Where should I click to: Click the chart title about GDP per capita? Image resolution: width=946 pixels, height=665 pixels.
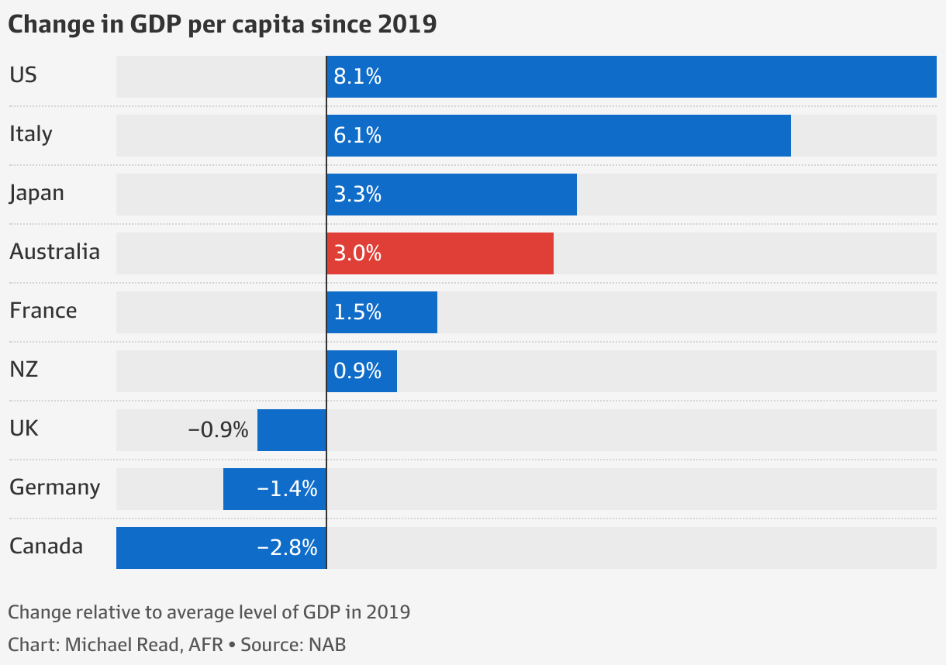click(223, 24)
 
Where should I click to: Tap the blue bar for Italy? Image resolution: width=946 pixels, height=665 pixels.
click(558, 136)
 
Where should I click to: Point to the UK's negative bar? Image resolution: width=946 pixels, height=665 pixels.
click(292, 430)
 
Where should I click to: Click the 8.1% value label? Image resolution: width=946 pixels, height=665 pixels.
click(357, 77)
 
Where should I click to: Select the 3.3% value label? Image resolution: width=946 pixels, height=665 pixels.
click(357, 195)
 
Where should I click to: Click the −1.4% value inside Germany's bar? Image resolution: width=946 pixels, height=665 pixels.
click(288, 489)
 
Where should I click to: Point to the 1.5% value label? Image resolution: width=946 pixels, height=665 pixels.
click(357, 312)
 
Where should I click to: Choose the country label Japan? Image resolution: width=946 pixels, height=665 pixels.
click(36, 193)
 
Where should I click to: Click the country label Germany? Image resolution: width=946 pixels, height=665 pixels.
click(55, 488)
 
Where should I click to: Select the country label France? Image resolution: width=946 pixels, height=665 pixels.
click(43, 311)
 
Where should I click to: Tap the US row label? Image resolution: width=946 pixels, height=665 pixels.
click(23, 75)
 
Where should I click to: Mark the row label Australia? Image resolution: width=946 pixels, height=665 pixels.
click(55, 252)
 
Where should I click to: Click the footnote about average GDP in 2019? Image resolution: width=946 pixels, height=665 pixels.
click(209, 612)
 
